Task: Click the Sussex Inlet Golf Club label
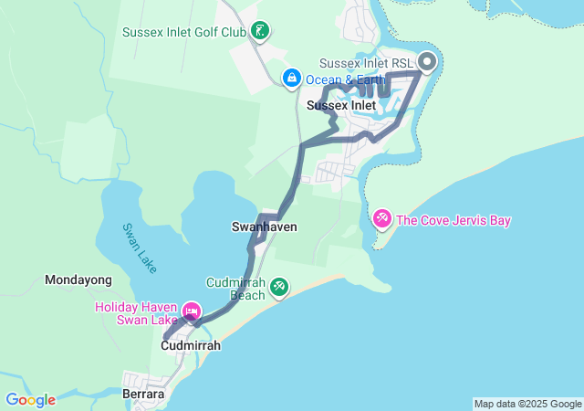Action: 184,32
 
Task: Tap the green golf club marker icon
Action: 262,32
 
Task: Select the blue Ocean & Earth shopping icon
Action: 291,79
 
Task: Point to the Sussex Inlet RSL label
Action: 365,63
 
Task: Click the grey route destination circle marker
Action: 427,62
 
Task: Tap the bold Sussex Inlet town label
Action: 341,106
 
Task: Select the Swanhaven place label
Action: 265,227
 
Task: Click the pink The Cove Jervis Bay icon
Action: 382,219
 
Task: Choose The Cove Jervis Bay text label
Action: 454,220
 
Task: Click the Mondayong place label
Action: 78,279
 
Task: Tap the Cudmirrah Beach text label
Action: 235,289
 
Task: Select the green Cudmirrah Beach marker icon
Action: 279,288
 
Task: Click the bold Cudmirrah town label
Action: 191,346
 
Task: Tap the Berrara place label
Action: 142,394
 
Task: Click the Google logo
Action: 30,400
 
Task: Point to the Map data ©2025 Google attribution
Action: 527,404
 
